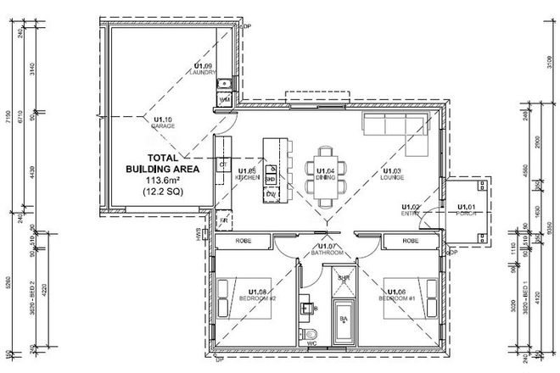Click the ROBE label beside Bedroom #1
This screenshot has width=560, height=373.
[412, 242]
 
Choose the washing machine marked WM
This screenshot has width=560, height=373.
[225, 100]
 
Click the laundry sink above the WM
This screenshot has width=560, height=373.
[225, 83]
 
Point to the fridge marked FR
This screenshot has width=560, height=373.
[224, 222]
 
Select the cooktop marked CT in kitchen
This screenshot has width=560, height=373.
[224, 164]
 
